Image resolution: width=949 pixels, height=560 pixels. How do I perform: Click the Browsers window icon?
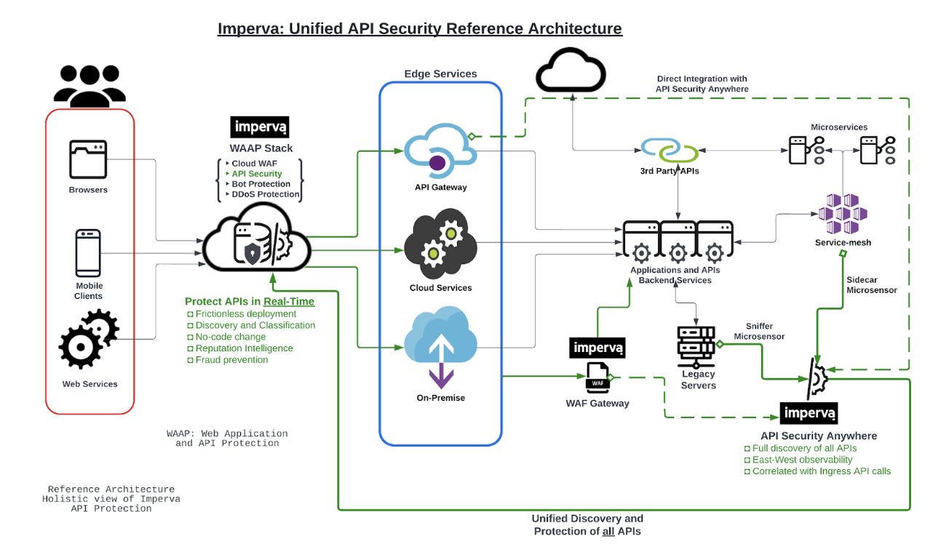tap(88, 159)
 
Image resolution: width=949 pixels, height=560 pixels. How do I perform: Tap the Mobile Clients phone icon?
tap(88, 253)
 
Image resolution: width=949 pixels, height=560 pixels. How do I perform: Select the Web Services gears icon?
tap(88, 338)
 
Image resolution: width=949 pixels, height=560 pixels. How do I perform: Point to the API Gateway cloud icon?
tap(440, 150)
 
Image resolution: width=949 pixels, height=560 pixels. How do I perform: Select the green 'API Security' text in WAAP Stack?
tap(257, 174)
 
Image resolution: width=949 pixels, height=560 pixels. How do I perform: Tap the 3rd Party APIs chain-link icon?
tap(670, 150)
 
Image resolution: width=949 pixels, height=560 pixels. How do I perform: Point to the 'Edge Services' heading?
tap(440, 73)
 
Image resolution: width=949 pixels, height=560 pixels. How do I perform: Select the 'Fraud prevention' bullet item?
tap(232, 360)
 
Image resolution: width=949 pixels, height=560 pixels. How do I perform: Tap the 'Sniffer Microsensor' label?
tap(759, 332)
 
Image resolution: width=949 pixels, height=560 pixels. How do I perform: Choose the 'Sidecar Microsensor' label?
tap(872, 284)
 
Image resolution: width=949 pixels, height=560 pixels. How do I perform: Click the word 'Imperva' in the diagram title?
tap(250, 29)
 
